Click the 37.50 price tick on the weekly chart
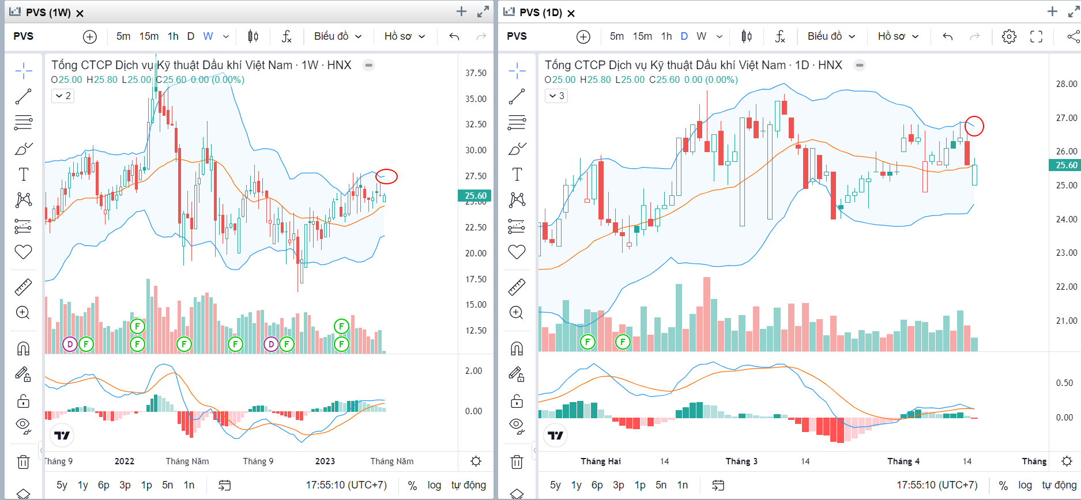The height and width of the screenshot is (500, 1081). click(x=476, y=73)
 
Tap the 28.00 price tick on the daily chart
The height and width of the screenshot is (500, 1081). click(x=1066, y=84)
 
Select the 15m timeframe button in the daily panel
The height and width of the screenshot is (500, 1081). click(x=642, y=36)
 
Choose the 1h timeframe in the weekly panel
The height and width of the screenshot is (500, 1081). click(x=173, y=36)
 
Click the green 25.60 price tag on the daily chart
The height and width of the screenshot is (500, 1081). click(x=1065, y=165)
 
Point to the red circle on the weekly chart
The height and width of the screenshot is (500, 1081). click(x=386, y=176)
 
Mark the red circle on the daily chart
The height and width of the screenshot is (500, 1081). click(x=974, y=126)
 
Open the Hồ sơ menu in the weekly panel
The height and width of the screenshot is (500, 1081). click(x=404, y=36)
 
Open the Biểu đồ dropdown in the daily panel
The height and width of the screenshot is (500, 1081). click(x=831, y=36)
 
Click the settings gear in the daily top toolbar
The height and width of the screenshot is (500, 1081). click(x=1009, y=36)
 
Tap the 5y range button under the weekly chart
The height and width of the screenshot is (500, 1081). click(x=62, y=485)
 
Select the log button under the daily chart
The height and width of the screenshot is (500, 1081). click(x=1024, y=485)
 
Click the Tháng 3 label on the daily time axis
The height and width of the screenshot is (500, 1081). click(x=741, y=461)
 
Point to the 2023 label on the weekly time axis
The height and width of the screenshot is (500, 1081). click(x=325, y=461)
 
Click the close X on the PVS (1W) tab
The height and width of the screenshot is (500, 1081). click(x=80, y=13)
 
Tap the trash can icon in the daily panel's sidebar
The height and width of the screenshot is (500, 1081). click(x=517, y=462)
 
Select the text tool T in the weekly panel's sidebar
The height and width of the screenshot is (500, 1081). click(x=24, y=175)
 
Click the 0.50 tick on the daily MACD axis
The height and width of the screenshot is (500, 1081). click(x=1064, y=383)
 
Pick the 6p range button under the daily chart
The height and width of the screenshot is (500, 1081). click(x=597, y=485)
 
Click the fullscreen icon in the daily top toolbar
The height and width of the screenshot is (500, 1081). click(x=1036, y=36)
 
